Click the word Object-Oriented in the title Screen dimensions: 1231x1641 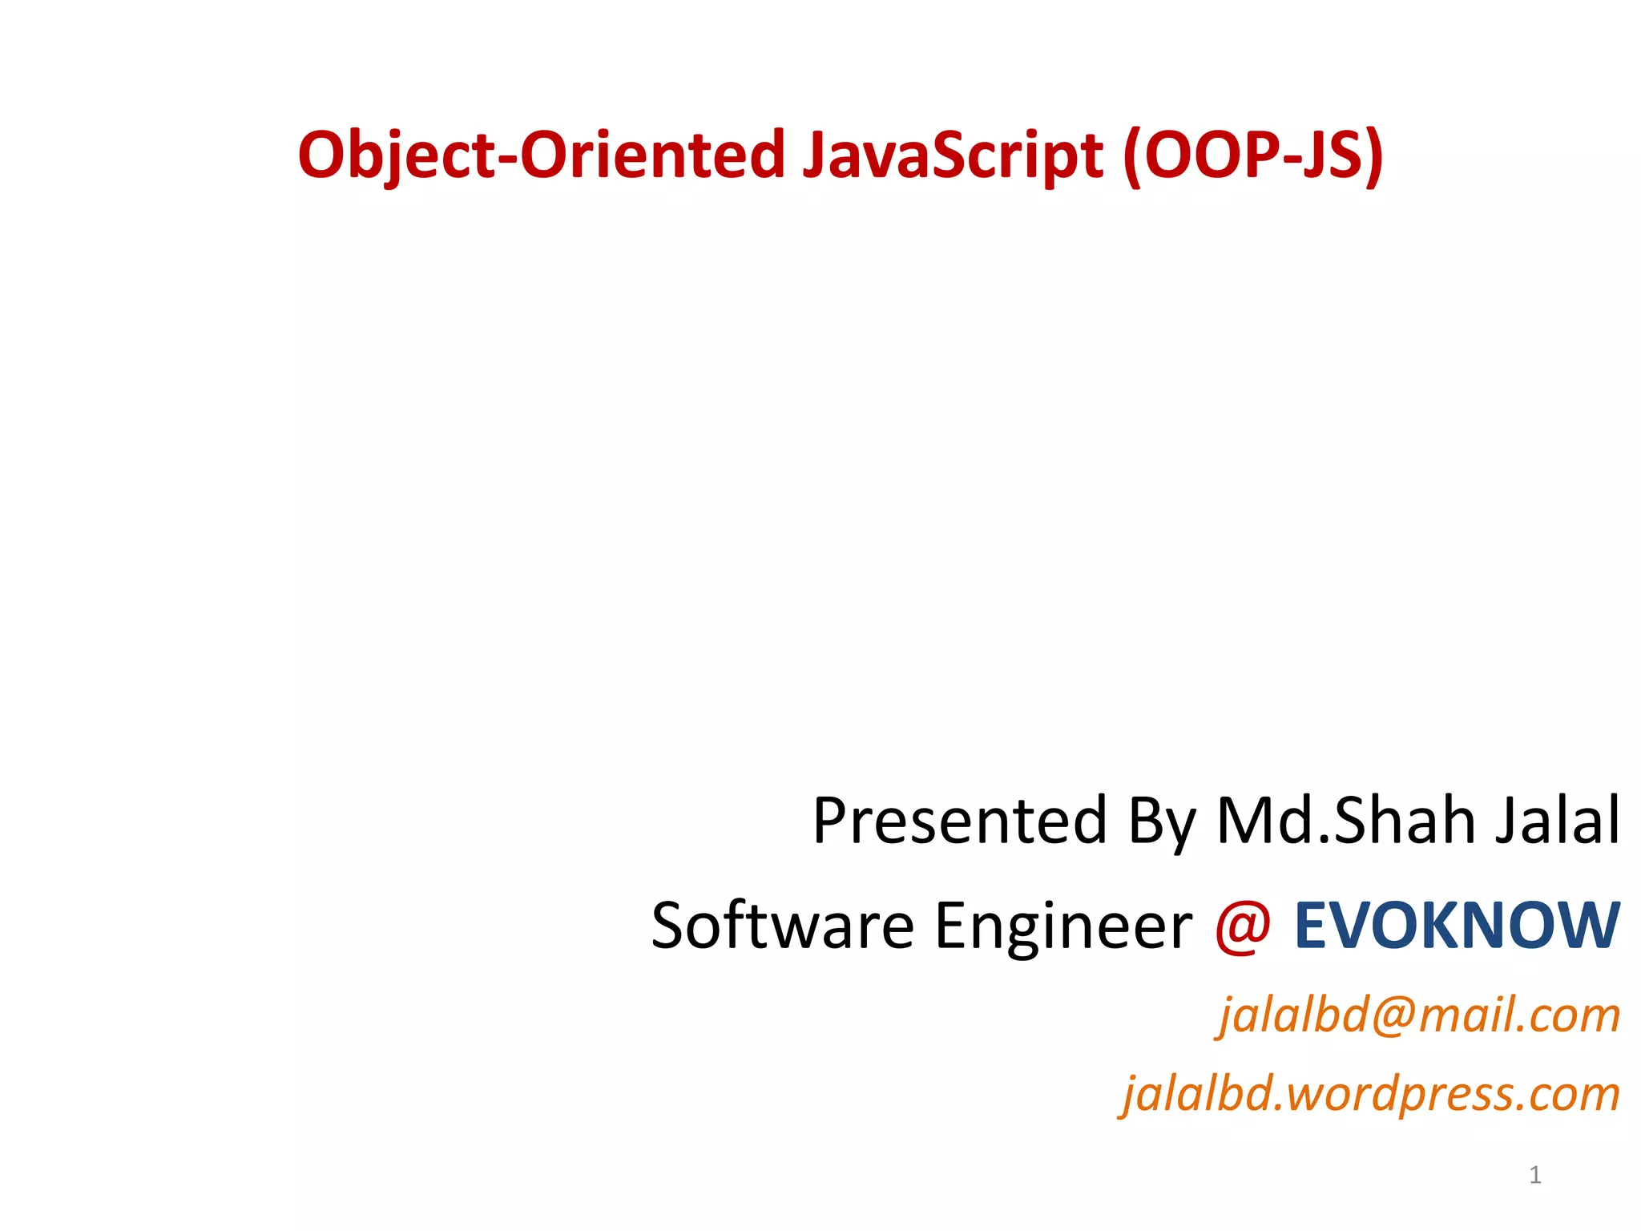(541, 155)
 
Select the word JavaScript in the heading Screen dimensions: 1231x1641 (953, 155)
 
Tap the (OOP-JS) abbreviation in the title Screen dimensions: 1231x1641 (1253, 155)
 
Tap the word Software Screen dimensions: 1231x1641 (782, 926)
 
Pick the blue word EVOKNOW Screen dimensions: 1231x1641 (1457, 926)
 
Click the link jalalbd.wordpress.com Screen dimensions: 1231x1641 (1370, 1094)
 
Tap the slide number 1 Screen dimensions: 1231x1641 (1535, 1175)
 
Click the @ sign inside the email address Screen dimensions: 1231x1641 (1393, 1016)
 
